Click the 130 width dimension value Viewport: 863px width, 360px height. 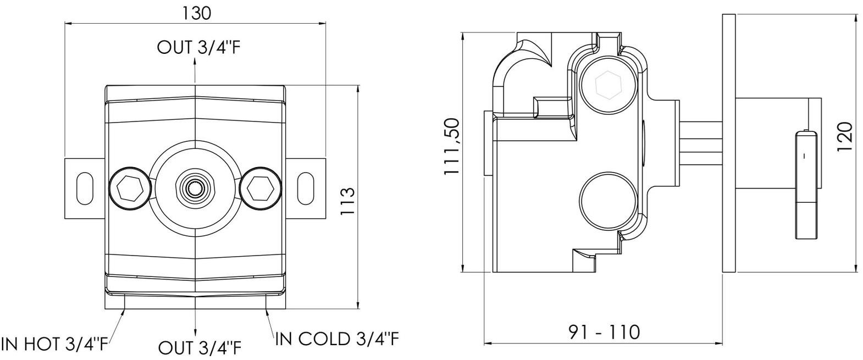click(x=196, y=14)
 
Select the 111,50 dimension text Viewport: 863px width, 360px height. click(x=452, y=147)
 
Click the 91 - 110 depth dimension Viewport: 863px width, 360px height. click(x=604, y=332)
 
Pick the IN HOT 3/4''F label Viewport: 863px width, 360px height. click(x=55, y=344)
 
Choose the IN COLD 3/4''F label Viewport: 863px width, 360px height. click(x=337, y=339)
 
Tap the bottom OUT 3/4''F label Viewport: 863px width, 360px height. click(x=200, y=348)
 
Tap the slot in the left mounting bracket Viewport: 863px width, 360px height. click(x=85, y=189)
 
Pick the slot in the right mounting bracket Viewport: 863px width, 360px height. click(x=306, y=189)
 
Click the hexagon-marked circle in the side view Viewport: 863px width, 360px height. click(x=608, y=86)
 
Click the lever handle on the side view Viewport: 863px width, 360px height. click(x=806, y=185)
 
